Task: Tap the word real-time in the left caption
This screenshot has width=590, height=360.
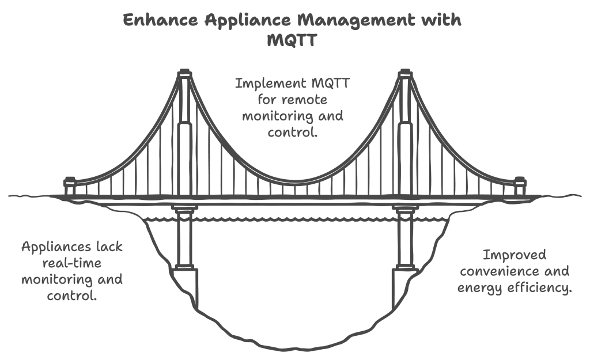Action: (x=71, y=264)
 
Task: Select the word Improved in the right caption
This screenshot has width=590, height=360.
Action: (x=514, y=255)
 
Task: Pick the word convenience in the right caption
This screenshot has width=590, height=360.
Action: (x=514, y=271)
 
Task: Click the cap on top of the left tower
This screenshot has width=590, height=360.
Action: (x=184, y=74)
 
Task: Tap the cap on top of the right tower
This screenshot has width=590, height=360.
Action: (x=405, y=74)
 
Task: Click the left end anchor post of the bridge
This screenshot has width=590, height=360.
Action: (x=70, y=187)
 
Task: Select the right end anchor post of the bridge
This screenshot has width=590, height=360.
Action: (x=519, y=187)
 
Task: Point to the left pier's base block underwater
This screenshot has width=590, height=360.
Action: (x=184, y=286)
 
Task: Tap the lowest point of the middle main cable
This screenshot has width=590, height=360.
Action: (x=294, y=183)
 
